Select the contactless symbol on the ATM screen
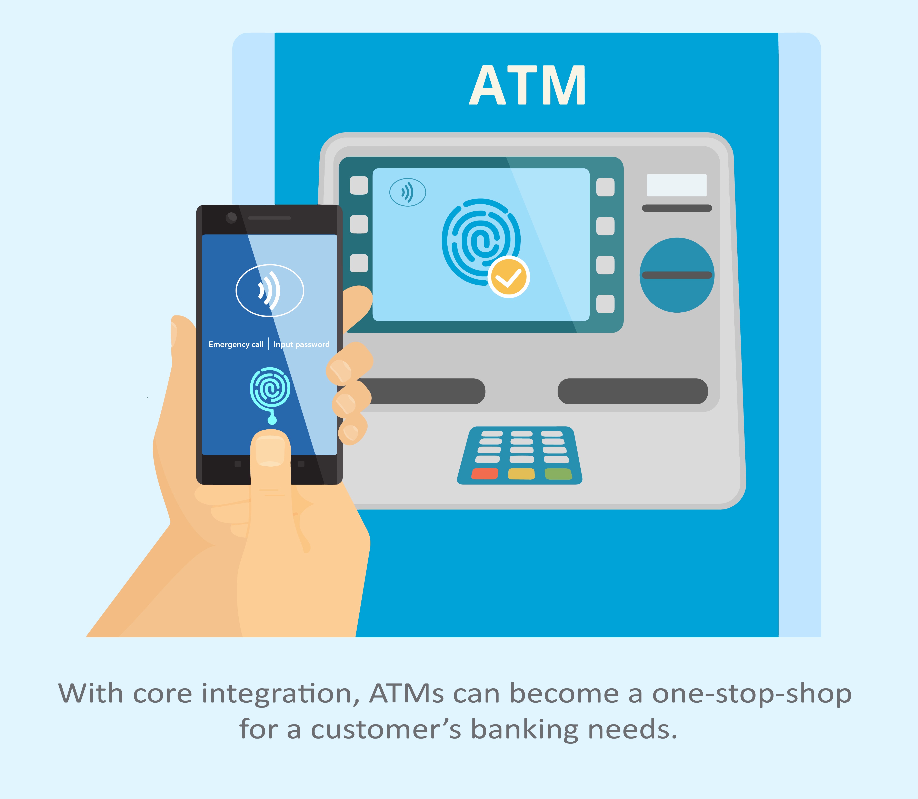point(407,192)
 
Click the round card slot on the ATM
point(677,275)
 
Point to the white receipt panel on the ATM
point(677,185)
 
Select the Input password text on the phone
point(301,344)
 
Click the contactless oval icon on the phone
point(270,291)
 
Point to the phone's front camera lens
point(231,218)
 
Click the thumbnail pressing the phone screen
point(270,451)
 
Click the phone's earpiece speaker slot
point(270,218)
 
